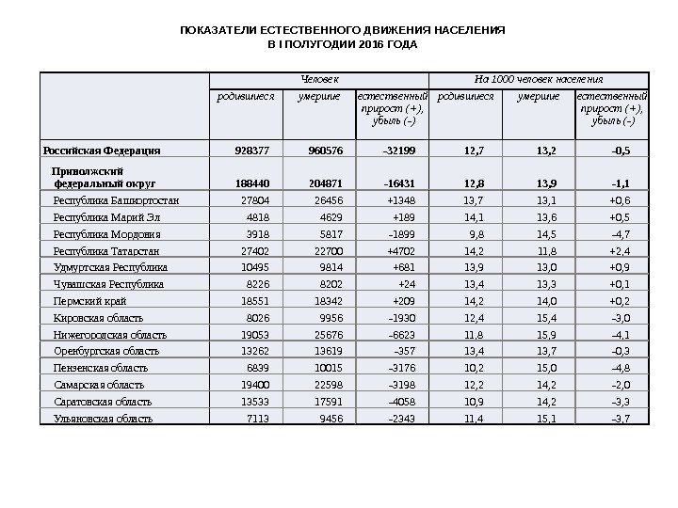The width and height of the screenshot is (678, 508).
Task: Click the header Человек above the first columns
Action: point(319,79)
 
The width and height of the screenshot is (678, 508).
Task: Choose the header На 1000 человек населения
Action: point(539,79)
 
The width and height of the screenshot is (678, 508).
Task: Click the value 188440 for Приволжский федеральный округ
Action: point(250,183)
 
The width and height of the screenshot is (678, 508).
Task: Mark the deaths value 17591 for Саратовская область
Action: point(325,402)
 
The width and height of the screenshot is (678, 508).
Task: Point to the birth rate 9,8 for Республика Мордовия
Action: point(476,234)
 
